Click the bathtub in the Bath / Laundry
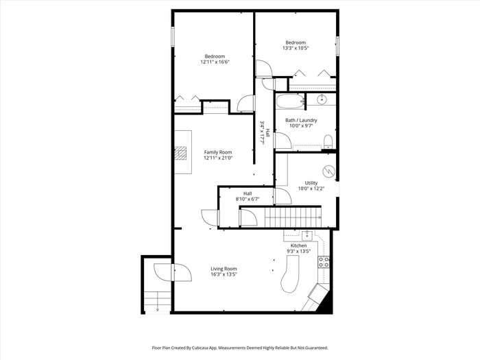click(x=290, y=101)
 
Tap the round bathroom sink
click(x=322, y=99)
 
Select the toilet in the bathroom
click(x=328, y=142)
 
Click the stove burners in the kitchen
click(x=324, y=262)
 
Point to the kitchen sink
click(x=307, y=236)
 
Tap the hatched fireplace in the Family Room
click(x=180, y=153)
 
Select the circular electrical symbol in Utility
click(x=328, y=171)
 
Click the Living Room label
click(x=224, y=269)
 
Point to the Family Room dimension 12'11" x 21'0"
click(x=218, y=158)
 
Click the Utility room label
click(x=311, y=183)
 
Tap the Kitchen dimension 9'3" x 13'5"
click(x=298, y=252)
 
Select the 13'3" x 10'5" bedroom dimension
click(x=296, y=48)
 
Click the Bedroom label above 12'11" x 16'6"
click(x=215, y=56)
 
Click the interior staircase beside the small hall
click(x=293, y=217)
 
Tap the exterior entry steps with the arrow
click(x=157, y=302)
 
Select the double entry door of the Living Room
click(x=173, y=272)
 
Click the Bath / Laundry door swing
click(x=283, y=141)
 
